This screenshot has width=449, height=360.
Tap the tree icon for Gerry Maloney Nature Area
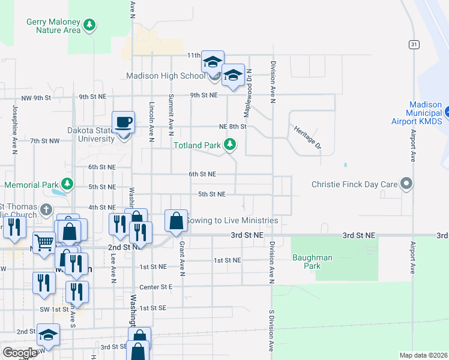[89, 25]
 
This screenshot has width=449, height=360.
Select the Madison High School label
[166, 76]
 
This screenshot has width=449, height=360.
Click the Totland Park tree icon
[229, 145]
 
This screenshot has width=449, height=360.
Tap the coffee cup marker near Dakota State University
[124, 121]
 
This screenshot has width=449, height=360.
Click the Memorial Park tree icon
[68, 184]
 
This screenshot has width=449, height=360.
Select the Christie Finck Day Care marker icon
[407, 184]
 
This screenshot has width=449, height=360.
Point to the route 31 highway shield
[414, 44]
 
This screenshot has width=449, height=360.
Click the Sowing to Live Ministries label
[232, 220]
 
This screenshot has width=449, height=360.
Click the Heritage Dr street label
[307, 137]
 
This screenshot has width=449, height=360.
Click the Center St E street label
[156, 287]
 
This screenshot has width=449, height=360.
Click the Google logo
[20, 353]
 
